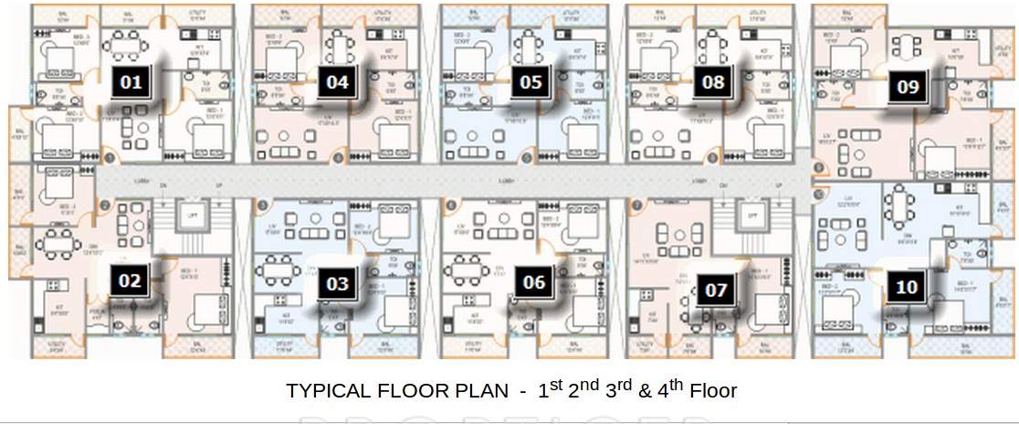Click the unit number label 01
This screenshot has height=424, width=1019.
[131, 83]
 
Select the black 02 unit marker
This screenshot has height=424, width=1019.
[130, 281]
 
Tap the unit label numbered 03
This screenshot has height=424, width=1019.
[338, 283]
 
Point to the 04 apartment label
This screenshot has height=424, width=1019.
[337, 83]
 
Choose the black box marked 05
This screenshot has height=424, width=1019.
[531, 83]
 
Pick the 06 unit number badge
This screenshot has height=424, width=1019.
[534, 282]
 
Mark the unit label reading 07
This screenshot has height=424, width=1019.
[717, 291]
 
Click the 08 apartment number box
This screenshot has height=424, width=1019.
[713, 83]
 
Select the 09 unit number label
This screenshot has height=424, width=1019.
[908, 88]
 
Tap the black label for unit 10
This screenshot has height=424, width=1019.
[907, 287]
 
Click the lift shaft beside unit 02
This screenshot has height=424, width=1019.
[192, 216]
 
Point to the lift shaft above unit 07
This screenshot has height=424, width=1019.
[750, 216]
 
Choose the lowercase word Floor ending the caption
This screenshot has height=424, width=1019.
[713, 391]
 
